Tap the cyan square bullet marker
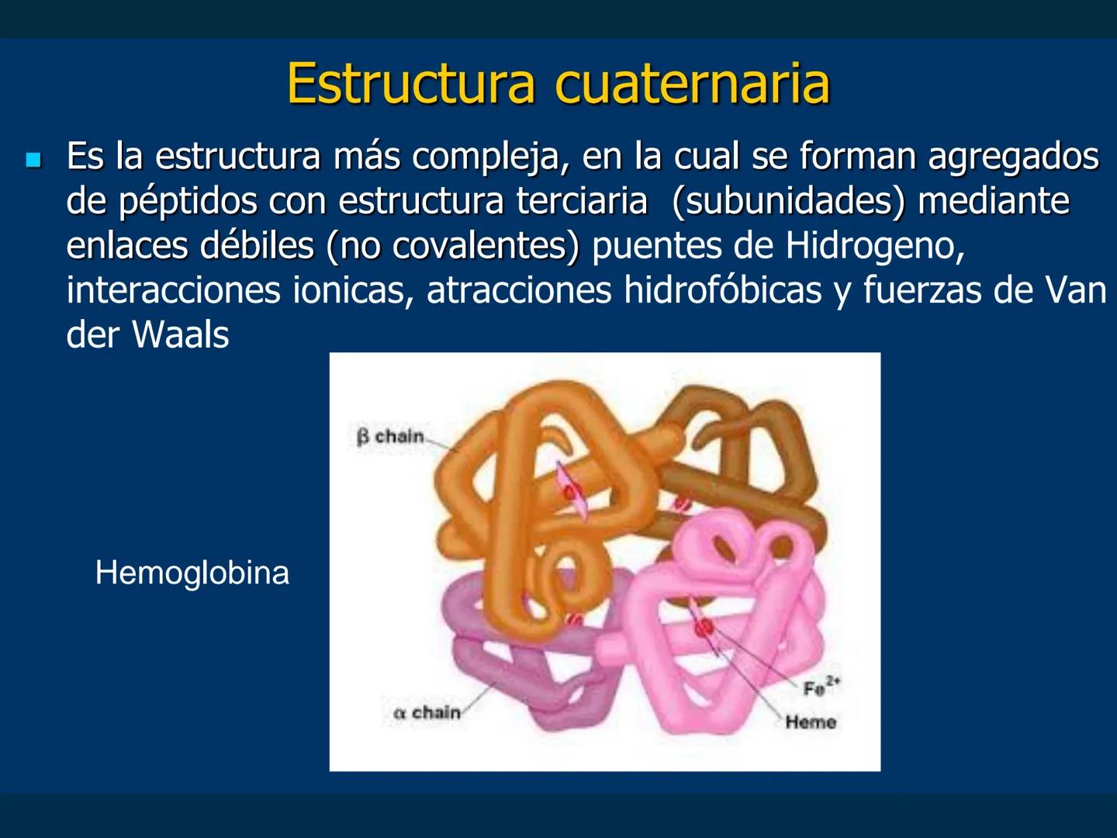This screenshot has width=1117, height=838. (33, 161)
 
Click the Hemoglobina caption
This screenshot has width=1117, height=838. (192, 573)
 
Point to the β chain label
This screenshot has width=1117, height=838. (390, 437)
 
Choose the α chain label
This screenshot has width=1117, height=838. (427, 712)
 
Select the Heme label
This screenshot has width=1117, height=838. (811, 722)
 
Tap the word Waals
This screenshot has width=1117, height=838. (180, 335)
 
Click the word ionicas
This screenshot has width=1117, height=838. (352, 290)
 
